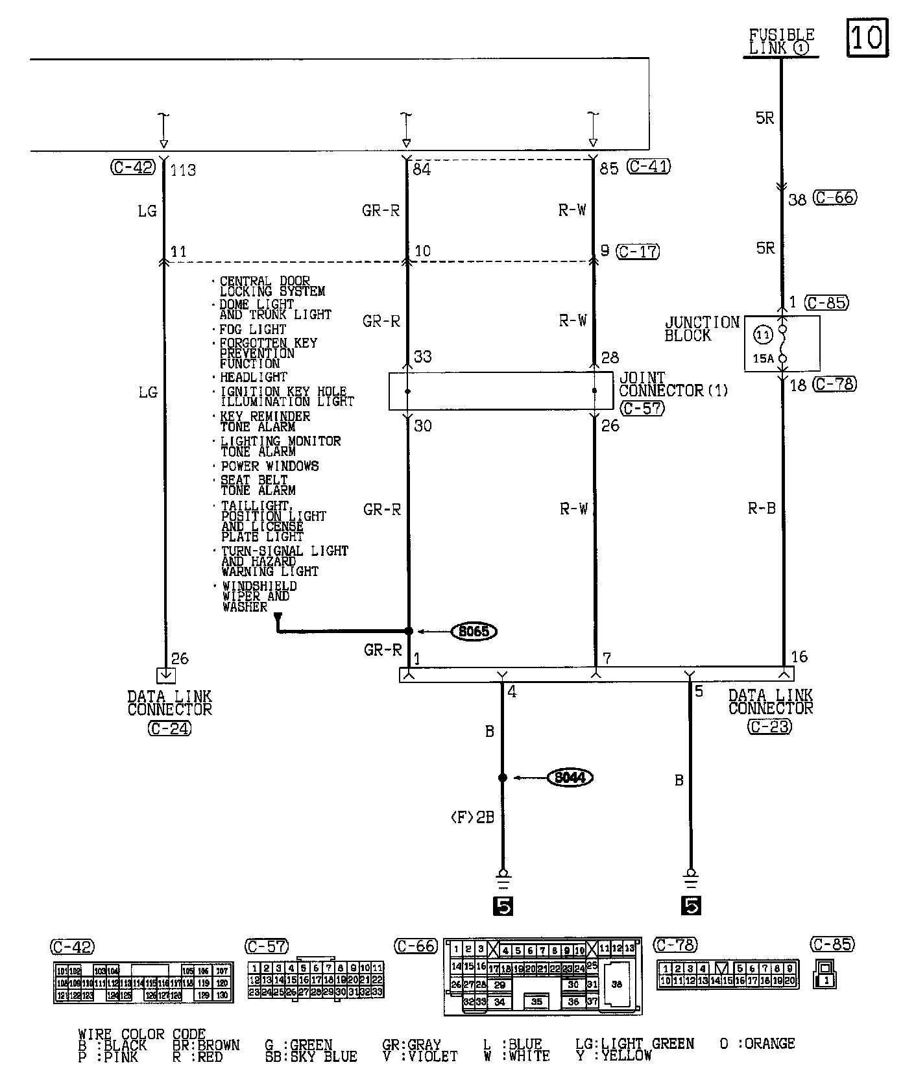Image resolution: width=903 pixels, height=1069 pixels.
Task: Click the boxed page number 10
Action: (x=867, y=38)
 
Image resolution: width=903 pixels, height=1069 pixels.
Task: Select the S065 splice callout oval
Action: (x=474, y=631)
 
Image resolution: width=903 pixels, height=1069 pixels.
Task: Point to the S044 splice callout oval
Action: (x=570, y=777)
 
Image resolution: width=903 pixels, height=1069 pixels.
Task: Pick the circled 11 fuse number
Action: (x=763, y=335)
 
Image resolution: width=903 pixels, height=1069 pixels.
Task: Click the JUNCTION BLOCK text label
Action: (x=702, y=329)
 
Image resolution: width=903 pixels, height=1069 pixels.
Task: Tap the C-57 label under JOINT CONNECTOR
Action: (x=642, y=408)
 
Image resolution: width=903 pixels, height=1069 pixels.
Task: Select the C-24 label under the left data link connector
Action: (x=169, y=728)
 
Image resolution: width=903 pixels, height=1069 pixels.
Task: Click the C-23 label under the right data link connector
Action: (x=769, y=727)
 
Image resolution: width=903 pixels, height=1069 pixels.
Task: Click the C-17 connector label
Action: (x=638, y=251)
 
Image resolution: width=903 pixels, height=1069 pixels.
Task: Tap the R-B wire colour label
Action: (x=762, y=509)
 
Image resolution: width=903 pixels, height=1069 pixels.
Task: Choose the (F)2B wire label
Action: (x=472, y=817)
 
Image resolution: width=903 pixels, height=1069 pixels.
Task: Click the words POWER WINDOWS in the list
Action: (x=270, y=466)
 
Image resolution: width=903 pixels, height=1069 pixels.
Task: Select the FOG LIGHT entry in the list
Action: (x=253, y=330)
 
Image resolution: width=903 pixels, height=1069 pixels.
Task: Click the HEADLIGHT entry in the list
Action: (x=253, y=377)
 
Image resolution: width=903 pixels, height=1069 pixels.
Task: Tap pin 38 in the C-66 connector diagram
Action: (x=616, y=984)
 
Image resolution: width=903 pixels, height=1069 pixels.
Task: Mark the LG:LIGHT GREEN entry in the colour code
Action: (x=634, y=1044)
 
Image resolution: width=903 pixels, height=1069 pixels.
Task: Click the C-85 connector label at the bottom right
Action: (x=833, y=944)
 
